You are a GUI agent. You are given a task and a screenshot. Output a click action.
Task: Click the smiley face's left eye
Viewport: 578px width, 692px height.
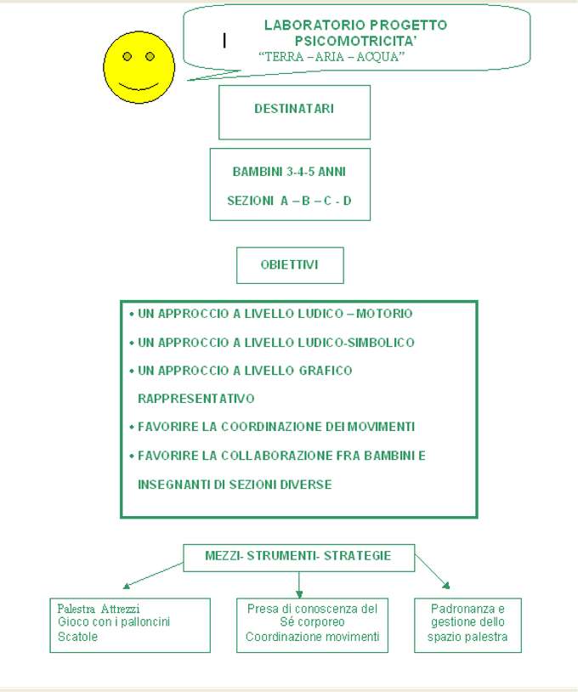click(127, 56)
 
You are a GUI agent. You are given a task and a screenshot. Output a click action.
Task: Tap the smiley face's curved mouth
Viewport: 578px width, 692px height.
click(139, 86)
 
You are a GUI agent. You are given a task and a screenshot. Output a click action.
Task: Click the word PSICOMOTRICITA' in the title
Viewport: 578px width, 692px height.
click(355, 41)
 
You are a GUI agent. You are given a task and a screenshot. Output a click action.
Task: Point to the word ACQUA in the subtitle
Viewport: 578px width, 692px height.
click(380, 56)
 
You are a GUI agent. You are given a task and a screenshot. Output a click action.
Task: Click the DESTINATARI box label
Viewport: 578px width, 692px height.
click(294, 109)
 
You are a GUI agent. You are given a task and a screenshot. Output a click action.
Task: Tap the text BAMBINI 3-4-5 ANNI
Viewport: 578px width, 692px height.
click(289, 172)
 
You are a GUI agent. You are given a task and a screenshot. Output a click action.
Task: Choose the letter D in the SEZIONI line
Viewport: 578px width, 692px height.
click(348, 201)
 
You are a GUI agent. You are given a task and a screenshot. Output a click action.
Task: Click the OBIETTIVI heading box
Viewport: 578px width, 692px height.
click(290, 265)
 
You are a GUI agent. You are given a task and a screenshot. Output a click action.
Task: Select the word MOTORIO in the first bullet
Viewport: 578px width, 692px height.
click(384, 314)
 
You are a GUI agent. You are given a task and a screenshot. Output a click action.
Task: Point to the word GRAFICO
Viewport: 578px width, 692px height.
click(326, 371)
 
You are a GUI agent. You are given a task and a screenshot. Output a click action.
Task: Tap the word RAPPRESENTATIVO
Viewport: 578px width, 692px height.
click(195, 399)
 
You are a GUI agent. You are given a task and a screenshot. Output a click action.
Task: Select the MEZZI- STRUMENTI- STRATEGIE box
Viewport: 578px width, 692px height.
click(298, 558)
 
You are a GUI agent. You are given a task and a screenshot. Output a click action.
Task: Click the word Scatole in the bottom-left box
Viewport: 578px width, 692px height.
click(77, 637)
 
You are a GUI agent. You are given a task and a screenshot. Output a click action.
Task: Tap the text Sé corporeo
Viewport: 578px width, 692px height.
click(313, 622)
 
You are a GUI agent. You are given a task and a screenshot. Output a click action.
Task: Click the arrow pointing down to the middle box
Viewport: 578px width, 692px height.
click(299, 585)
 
